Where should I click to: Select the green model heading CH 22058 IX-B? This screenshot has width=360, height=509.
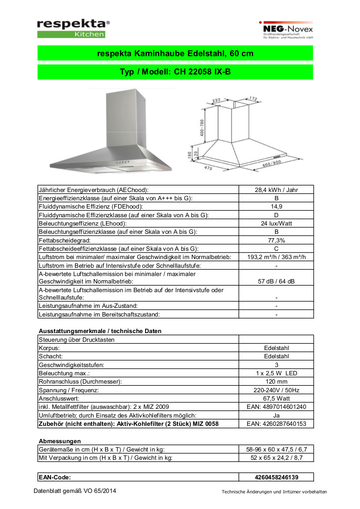click(175, 72)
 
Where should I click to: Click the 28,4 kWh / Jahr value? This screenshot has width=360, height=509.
click(276, 190)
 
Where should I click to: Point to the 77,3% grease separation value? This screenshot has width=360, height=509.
click(276, 240)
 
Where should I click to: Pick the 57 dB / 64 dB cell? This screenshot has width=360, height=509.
click(276, 281)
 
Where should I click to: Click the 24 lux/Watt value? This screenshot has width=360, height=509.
click(276, 223)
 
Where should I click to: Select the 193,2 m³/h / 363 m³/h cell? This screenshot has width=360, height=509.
click(276, 257)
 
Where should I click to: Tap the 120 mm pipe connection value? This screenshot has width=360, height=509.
click(276, 381)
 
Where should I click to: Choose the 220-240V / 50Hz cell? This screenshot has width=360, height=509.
click(276, 390)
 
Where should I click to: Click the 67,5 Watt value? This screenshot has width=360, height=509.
click(276, 398)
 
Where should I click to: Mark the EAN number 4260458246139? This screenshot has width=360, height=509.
click(276, 477)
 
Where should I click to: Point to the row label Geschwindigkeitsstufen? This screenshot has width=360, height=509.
click(71, 365)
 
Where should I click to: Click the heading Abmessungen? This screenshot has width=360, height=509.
click(60, 441)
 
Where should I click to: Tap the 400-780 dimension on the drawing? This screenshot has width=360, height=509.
click(202, 126)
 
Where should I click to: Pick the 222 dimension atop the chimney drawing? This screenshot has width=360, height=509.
click(217, 101)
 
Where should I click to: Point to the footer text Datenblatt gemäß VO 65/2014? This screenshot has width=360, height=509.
click(75, 491)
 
